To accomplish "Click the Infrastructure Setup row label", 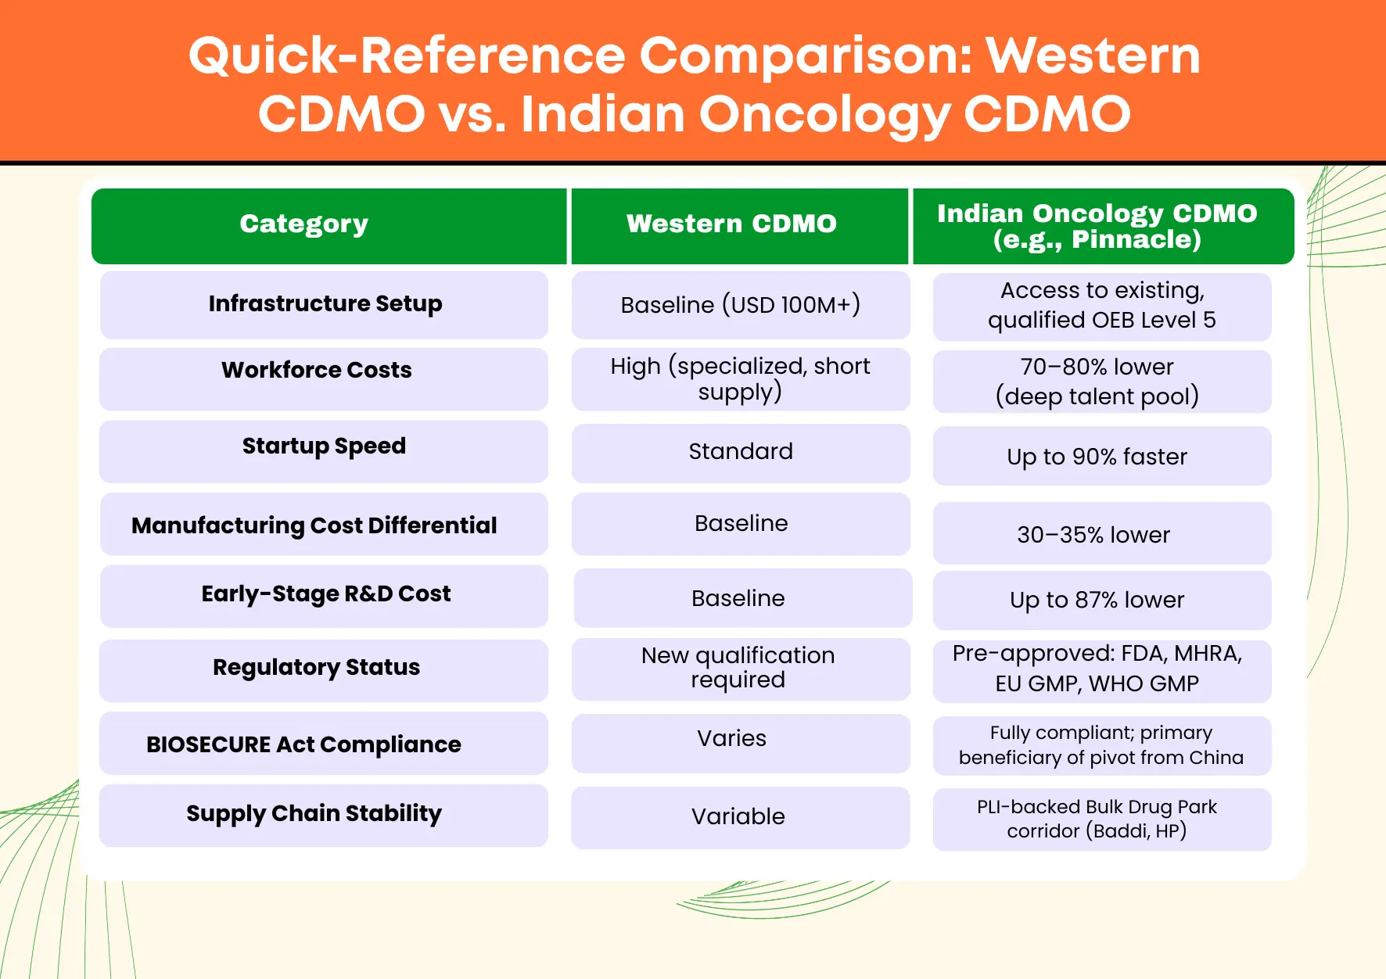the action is click(325, 303).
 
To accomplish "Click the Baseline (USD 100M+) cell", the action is click(741, 304).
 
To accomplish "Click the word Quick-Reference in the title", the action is click(407, 56).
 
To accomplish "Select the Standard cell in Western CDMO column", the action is click(741, 451).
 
